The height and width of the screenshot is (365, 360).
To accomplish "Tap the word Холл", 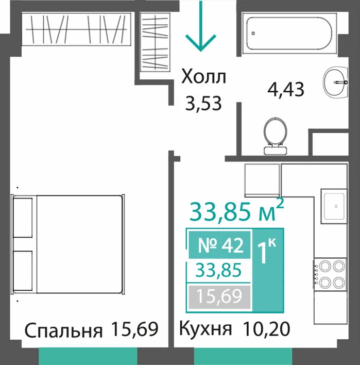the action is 204,76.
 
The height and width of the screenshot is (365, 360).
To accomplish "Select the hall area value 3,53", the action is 203,104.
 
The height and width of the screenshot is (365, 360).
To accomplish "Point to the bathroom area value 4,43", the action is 286,89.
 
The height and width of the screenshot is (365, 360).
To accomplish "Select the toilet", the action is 275,136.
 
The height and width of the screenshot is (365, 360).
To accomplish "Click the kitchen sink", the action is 334,206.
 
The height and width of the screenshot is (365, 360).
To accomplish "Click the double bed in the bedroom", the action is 68,244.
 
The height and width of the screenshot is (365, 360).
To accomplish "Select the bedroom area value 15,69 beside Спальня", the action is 135,329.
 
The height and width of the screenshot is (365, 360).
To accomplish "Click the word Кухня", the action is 205,329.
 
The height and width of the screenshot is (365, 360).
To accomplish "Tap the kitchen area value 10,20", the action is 266,329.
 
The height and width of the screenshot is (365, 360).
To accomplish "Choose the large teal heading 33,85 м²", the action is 237,211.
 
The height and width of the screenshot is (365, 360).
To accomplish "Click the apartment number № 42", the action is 220,245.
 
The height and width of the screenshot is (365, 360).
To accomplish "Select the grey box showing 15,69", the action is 219,296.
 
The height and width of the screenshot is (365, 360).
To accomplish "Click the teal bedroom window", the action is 88,356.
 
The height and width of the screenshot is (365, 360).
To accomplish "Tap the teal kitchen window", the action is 243,356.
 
